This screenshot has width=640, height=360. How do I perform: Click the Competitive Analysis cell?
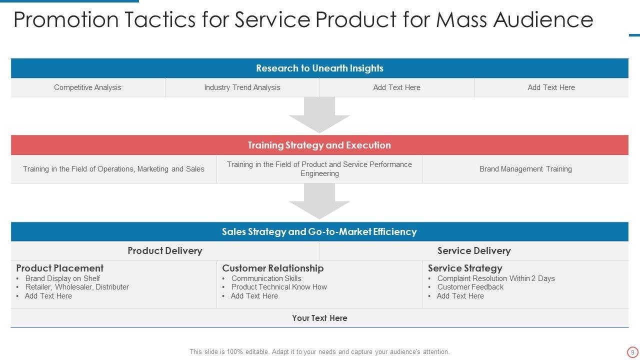coord(87,87)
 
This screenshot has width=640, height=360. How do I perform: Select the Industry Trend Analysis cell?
coord(242,87)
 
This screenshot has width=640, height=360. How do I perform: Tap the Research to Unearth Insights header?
coord(319,68)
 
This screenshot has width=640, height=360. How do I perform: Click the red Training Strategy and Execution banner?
coord(319,145)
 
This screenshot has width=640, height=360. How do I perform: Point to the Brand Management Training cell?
coord(525,169)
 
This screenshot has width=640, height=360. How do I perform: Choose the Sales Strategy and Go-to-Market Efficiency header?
coord(319,232)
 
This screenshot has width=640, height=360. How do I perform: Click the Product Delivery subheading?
coord(165,251)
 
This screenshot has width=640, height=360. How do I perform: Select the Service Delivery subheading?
coord(474,251)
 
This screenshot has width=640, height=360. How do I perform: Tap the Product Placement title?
coord(60,268)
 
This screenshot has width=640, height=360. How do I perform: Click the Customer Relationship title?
coord(273,268)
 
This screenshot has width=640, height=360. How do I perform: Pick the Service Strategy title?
coord(465,268)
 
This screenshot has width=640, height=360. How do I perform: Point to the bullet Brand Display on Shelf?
coord(62,278)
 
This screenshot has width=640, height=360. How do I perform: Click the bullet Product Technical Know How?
coord(279,287)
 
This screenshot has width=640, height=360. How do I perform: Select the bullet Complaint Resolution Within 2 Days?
coord(496,278)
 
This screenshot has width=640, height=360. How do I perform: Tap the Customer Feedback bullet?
coord(470,287)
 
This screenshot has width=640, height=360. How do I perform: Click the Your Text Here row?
coord(319,318)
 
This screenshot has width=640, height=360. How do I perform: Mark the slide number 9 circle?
coord(632,352)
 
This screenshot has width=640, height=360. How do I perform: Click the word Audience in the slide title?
coord(543,20)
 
